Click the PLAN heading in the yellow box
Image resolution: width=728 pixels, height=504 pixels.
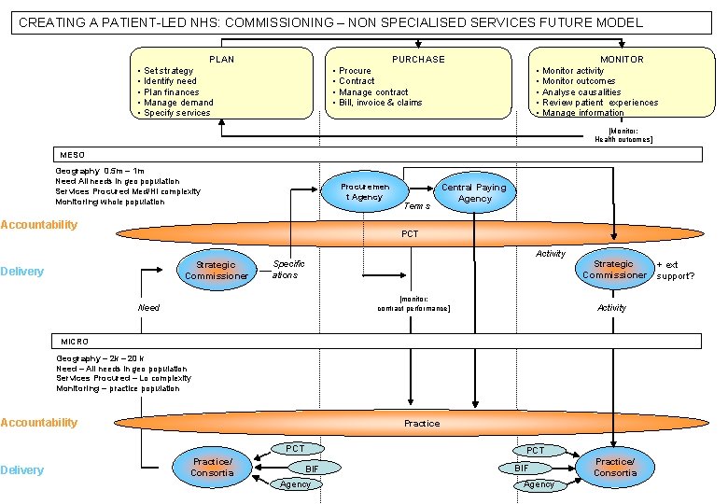point(221,59)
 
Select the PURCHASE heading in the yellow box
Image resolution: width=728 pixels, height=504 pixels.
point(418,59)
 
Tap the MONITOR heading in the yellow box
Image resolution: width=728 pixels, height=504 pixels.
point(622,59)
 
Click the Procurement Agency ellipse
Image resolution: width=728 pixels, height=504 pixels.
point(366,192)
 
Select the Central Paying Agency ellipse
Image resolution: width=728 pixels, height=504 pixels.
point(474,193)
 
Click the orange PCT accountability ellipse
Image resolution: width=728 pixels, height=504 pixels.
point(410,233)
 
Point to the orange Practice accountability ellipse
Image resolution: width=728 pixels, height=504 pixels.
point(421,423)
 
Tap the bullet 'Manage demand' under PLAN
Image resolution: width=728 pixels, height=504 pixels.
point(178,103)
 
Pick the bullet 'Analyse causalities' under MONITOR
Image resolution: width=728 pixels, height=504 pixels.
point(581,92)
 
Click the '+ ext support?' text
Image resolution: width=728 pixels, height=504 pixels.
point(675,270)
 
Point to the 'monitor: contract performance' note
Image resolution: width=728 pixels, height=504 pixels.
point(413,303)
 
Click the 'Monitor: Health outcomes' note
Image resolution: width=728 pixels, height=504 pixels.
point(623,134)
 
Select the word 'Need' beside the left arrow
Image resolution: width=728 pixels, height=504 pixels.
point(148,307)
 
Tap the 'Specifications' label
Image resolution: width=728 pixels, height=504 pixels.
point(288,270)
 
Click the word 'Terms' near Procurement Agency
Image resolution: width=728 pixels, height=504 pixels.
point(416,205)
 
